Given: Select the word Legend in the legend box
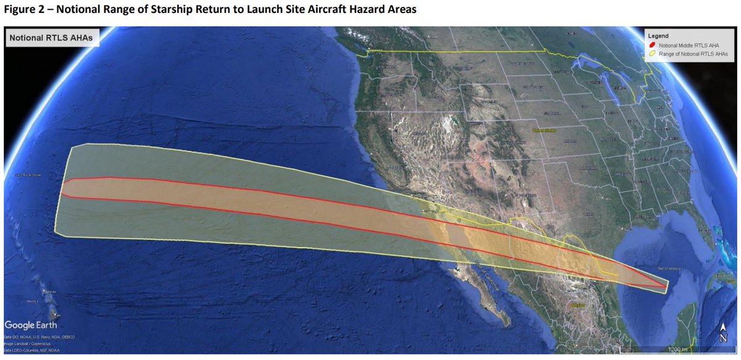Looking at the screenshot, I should click(x=658, y=35).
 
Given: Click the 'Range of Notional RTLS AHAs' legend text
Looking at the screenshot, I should click(x=693, y=54).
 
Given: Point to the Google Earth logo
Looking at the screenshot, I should click(x=31, y=325).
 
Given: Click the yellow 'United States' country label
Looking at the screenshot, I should click(x=545, y=131).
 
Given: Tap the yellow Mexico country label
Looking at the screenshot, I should click(x=579, y=305).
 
